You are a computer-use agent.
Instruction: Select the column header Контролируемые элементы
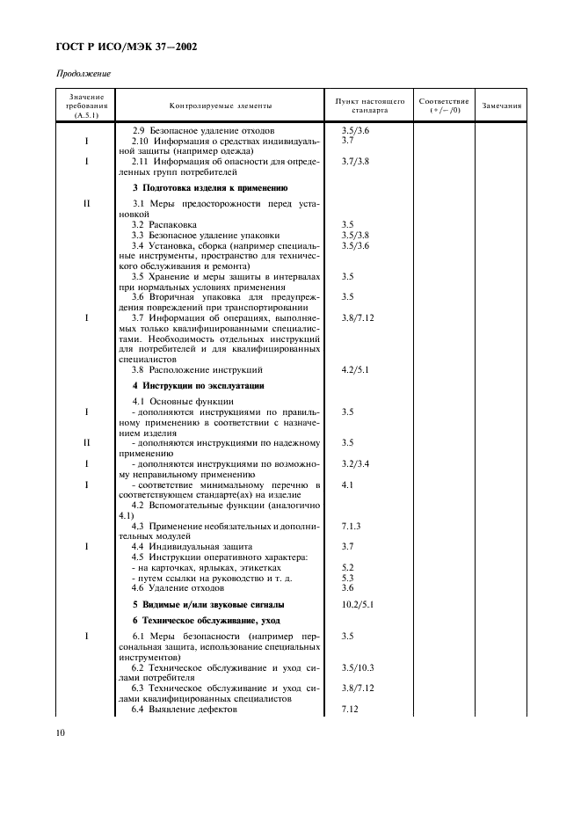tap(221, 106)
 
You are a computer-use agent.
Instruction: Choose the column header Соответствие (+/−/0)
tap(443, 106)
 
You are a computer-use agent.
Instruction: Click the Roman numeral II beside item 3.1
tap(86, 204)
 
